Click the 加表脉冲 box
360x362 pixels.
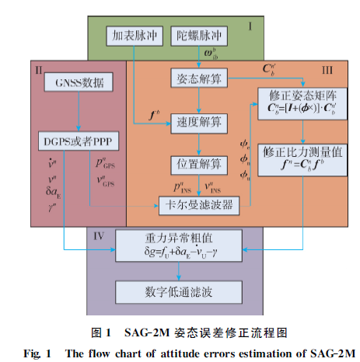point(128,35)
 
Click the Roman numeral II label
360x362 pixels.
point(38,69)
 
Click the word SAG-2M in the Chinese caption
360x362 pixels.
point(142,332)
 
